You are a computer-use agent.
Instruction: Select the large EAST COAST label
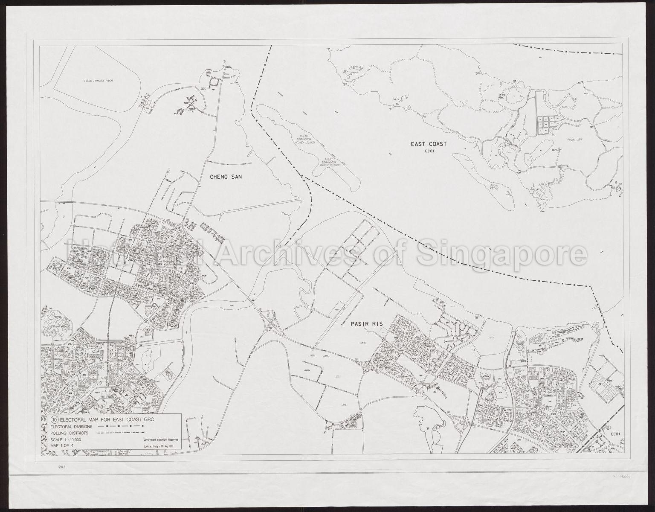(429, 144)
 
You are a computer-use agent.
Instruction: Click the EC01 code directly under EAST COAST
(429, 151)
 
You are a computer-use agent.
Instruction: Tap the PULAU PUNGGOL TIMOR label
(95, 81)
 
